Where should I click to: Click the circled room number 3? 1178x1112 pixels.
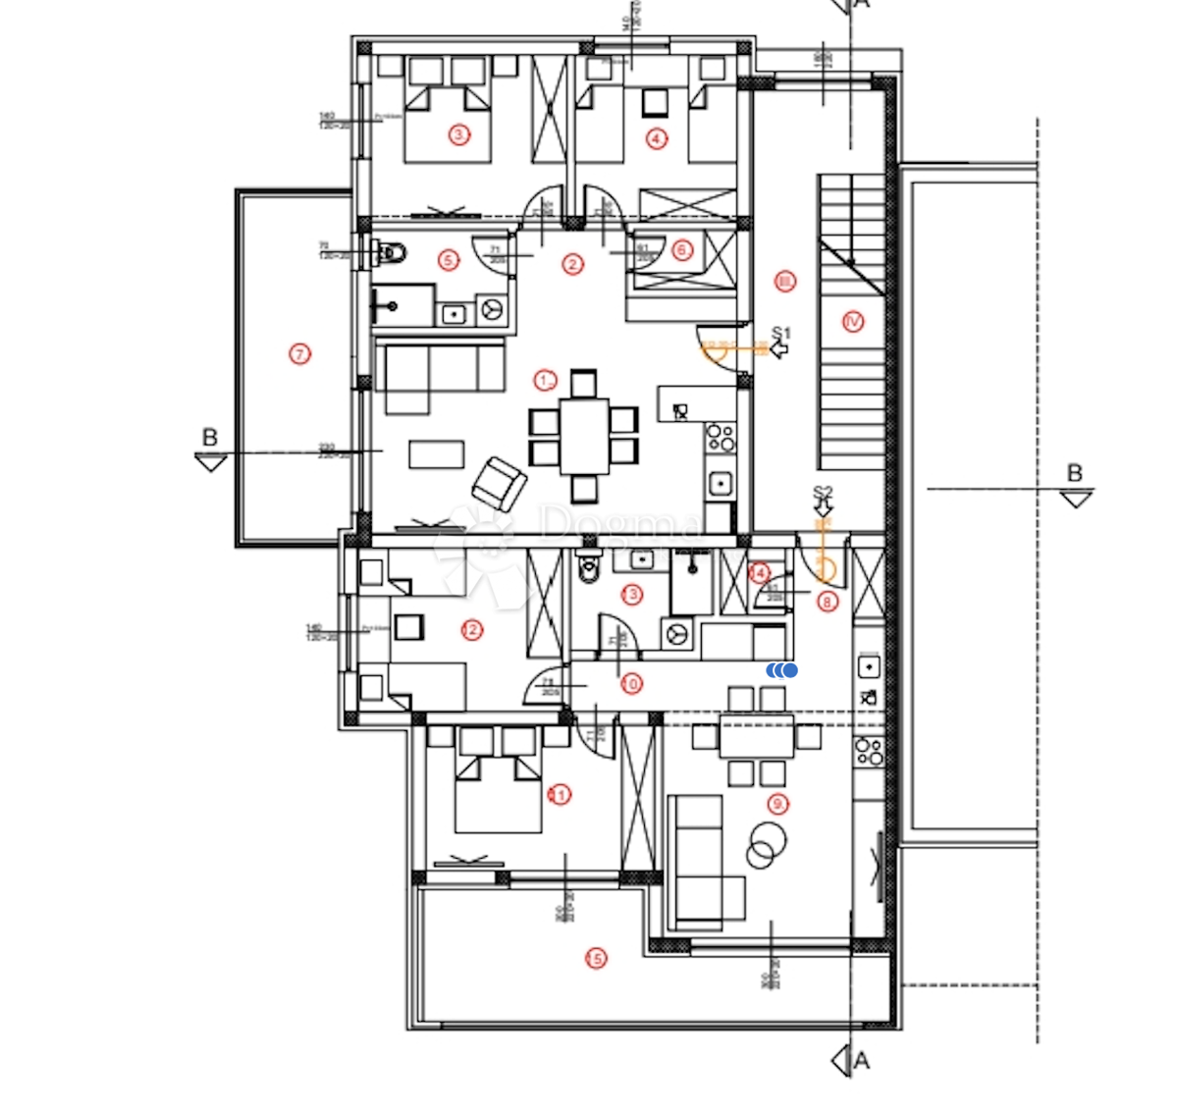tap(458, 134)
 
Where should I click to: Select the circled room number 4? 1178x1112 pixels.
tap(656, 138)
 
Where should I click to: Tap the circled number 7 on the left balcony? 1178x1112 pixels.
tap(300, 353)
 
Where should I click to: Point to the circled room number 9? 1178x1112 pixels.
tap(777, 805)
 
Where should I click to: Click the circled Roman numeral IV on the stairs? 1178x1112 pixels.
tap(852, 321)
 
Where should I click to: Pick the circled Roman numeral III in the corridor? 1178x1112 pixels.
tap(784, 282)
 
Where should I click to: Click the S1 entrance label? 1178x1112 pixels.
tap(780, 334)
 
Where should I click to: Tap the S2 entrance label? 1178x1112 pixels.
tap(823, 493)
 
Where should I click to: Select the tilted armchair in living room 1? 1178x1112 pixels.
tap(498, 484)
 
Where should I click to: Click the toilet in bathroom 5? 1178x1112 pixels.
tap(391, 253)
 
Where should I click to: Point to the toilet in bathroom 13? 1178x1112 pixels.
tap(589, 567)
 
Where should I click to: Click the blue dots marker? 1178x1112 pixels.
tap(782, 670)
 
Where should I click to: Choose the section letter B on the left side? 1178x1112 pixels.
tap(209, 438)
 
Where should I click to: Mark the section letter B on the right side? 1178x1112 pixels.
tap(1075, 473)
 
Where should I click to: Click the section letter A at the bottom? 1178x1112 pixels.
tap(861, 1060)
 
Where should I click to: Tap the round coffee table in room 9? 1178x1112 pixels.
tap(765, 844)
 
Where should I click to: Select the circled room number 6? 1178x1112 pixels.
tap(682, 250)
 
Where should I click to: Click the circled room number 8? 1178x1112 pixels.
tap(828, 602)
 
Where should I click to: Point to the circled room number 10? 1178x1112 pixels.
tap(631, 683)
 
